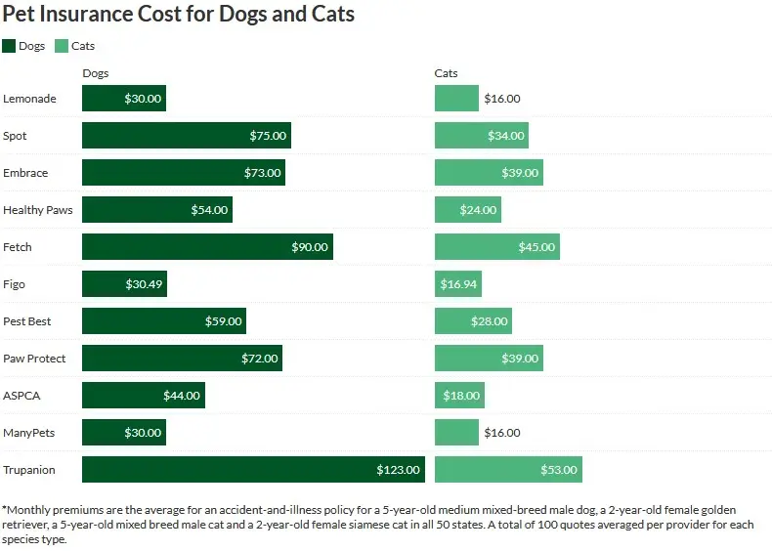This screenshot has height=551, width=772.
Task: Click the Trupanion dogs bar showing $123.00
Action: coord(253,470)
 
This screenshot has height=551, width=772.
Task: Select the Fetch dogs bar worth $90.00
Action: coord(207,247)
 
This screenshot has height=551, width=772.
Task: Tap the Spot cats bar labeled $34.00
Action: coord(481,136)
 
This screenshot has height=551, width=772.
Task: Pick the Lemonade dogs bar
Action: coord(124,99)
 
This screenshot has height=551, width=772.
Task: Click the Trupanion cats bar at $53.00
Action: coord(508,470)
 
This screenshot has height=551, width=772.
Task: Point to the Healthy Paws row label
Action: coord(38,210)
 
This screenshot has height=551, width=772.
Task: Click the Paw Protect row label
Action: coord(34,359)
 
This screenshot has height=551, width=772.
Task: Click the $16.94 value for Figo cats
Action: coord(459,284)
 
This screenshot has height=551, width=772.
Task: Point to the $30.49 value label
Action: coord(145,284)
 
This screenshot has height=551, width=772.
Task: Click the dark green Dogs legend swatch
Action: coord(9,46)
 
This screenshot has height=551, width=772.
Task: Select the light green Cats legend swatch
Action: coord(62,46)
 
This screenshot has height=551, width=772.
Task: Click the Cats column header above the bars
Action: coord(446,73)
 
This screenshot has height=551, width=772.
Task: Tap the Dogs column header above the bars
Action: coord(95,73)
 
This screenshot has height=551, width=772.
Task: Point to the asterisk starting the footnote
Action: coord(5,509)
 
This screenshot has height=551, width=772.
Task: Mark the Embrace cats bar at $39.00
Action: coord(489,173)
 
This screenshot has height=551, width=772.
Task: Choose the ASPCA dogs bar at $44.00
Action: coord(143,396)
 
